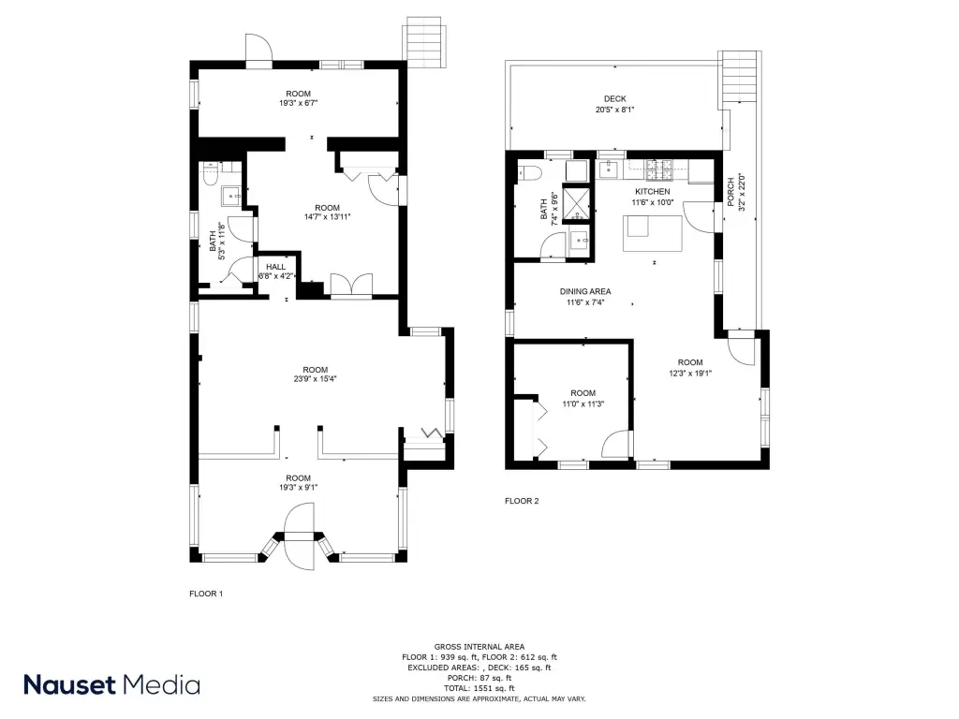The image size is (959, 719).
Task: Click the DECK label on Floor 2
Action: pyautogui.click(x=614, y=98)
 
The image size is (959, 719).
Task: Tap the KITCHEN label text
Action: pyautogui.click(x=653, y=191)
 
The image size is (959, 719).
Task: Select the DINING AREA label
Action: pyautogui.click(x=585, y=292)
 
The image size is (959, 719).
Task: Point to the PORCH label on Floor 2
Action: pyautogui.click(x=730, y=192)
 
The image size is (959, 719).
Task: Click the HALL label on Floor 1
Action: pyautogui.click(x=276, y=267)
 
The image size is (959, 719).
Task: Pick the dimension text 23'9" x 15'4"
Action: pyautogui.click(x=315, y=379)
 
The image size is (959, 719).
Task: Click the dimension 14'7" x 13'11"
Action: pyautogui.click(x=327, y=217)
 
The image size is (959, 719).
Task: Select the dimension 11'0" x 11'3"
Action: pyautogui.click(x=583, y=404)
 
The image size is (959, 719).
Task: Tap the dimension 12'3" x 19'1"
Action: pyautogui.click(x=690, y=374)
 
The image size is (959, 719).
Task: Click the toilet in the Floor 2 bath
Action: pyautogui.click(x=529, y=173)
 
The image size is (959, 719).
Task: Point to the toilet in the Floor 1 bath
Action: pyautogui.click(x=211, y=174)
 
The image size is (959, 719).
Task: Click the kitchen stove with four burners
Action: pyautogui.click(x=659, y=170)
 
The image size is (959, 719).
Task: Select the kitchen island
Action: pyautogui.click(x=653, y=233)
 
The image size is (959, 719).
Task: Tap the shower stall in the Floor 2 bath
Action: pyautogui.click(x=576, y=203)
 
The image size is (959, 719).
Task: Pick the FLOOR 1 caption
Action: pyautogui.click(x=206, y=594)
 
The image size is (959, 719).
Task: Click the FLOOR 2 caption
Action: pyautogui.click(x=522, y=501)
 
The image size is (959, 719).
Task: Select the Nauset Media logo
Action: pyautogui.click(x=112, y=684)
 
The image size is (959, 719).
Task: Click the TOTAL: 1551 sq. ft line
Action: pyautogui.click(x=479, y=688)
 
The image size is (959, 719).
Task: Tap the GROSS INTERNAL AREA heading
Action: pyautogui.click(x=479, y=647)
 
